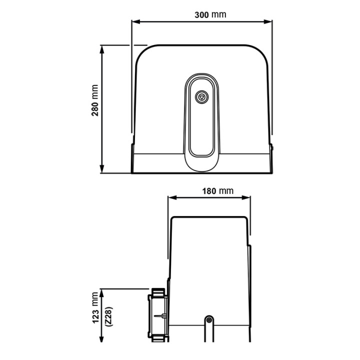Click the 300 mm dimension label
210,14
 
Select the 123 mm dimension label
95,308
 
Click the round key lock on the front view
201,96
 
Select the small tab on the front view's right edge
272,146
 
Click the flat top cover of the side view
209,218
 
